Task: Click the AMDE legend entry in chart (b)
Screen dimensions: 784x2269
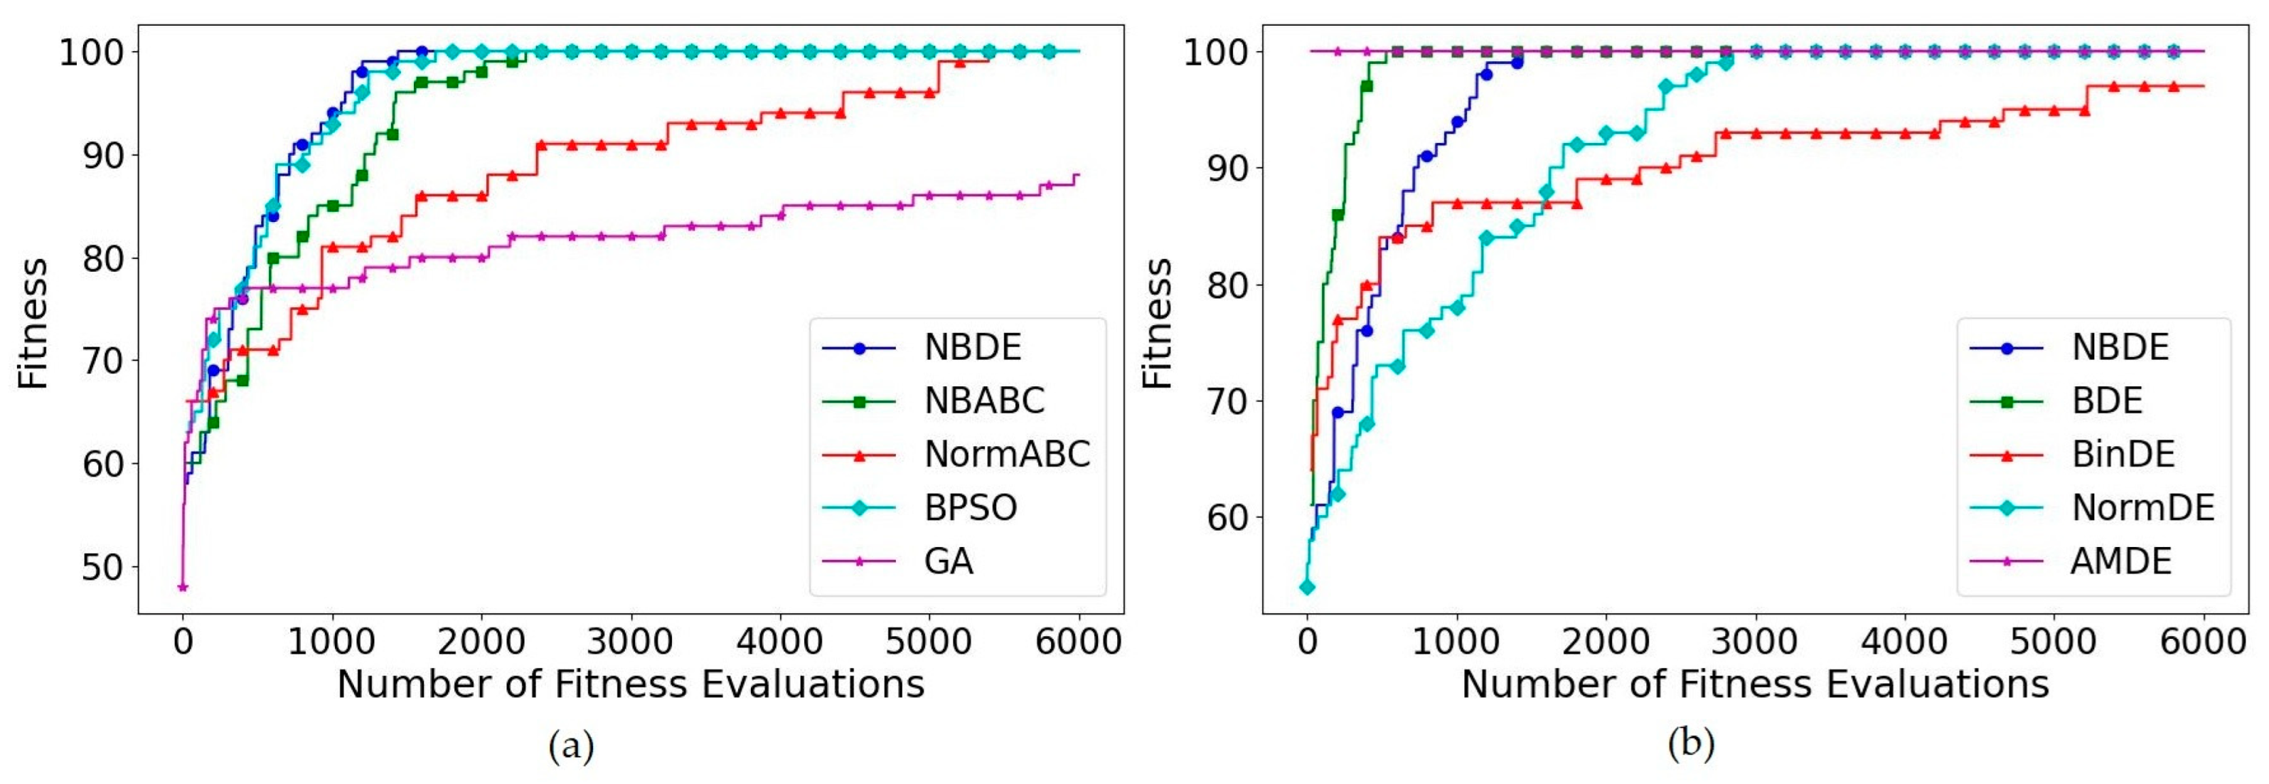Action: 2120,561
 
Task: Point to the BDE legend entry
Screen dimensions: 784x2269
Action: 2106,401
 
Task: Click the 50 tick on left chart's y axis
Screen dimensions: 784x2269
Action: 102,567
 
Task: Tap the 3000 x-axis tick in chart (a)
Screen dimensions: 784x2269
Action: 631,641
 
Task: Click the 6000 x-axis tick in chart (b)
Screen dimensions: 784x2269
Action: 2203,641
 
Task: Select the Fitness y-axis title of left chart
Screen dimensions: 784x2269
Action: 33,323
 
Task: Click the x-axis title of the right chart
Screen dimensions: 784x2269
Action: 1755,684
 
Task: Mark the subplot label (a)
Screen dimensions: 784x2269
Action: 571,746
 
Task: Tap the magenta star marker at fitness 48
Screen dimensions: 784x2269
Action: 182,587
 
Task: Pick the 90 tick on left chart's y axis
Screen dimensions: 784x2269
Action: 102,156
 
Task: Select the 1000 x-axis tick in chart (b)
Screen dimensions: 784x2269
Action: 1456,641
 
